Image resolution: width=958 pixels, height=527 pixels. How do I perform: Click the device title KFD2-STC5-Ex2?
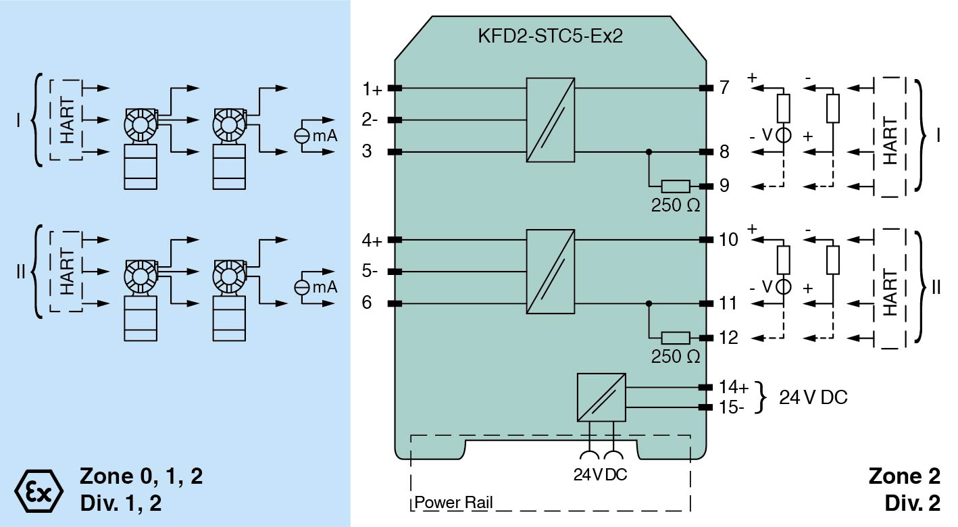549,36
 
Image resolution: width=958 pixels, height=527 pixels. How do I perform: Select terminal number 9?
724,186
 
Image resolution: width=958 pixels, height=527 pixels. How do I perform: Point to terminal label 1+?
372,89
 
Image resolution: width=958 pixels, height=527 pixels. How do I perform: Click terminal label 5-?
370,272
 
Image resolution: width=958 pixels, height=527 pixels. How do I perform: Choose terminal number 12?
729,338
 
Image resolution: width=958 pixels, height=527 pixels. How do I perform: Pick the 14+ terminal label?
734,388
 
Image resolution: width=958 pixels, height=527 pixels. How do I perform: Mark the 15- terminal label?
732,407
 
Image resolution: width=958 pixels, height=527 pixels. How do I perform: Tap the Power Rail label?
453,503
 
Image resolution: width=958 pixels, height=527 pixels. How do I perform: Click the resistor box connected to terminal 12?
676,338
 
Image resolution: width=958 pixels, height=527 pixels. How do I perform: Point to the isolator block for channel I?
551,120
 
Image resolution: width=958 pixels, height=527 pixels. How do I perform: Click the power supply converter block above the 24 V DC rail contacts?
601,397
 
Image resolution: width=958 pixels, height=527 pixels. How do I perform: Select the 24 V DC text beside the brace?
813,397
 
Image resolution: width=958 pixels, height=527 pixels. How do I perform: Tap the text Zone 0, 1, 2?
141,476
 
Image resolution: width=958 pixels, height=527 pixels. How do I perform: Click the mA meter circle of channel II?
302,287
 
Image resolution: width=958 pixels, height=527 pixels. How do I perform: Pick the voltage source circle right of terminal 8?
783,135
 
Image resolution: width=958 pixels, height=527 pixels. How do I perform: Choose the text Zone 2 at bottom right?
904,476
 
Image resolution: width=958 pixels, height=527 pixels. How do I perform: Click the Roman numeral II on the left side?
20,272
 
